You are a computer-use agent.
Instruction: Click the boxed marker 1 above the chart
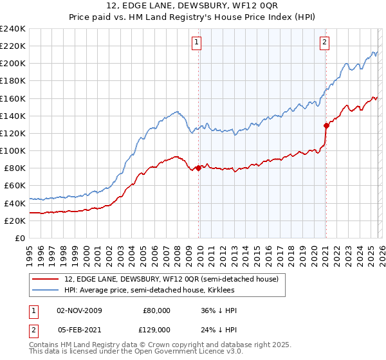point(197,43)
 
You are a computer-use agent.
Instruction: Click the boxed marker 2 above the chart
point(325,43)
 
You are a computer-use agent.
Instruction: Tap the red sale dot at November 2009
point(198,168)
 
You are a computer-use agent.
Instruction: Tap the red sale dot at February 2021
point(326,125)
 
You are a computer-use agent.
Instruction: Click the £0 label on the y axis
point(19,238)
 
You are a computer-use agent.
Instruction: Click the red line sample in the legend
point(46,279)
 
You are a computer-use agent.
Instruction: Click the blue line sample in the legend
point(46,291)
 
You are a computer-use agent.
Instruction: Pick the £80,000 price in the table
point(156,310)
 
